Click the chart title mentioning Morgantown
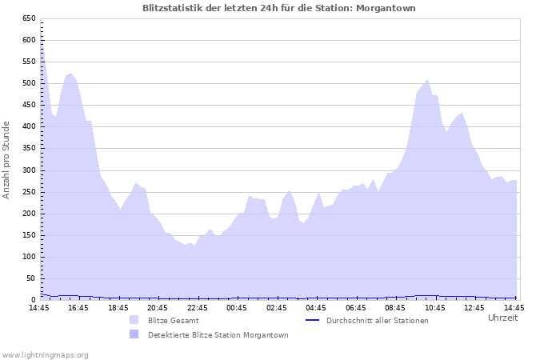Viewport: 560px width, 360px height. tap(279, 8)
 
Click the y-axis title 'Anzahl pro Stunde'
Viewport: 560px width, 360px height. tap(7, 160)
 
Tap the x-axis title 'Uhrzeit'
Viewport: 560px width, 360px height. tap(502, 318)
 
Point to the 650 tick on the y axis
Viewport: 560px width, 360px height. tap(28, 18)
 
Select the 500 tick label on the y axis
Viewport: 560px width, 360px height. tap(28, 83)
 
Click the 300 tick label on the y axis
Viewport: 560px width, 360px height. tap(28, 170)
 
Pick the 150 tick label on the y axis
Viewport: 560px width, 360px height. tap(28, 235)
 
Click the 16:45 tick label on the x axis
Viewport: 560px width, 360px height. tap(78, 307)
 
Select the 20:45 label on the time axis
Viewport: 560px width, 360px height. tap(158, 307)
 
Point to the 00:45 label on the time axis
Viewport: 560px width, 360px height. tap(237, 307)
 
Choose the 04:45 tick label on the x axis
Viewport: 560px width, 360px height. tap(316, 307)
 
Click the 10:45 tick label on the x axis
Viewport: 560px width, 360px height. tap(434, 307)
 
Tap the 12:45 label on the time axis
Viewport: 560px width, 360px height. tap(474, 307)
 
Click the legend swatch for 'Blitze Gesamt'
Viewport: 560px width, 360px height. tap(134, 320)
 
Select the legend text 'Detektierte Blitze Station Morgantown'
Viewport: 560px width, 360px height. tap(218, 335)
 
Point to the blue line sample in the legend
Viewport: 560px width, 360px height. tap(313, 320)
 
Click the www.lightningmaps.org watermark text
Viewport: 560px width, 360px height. tap(45, 354)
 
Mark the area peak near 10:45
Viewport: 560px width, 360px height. tap(427, 80)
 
